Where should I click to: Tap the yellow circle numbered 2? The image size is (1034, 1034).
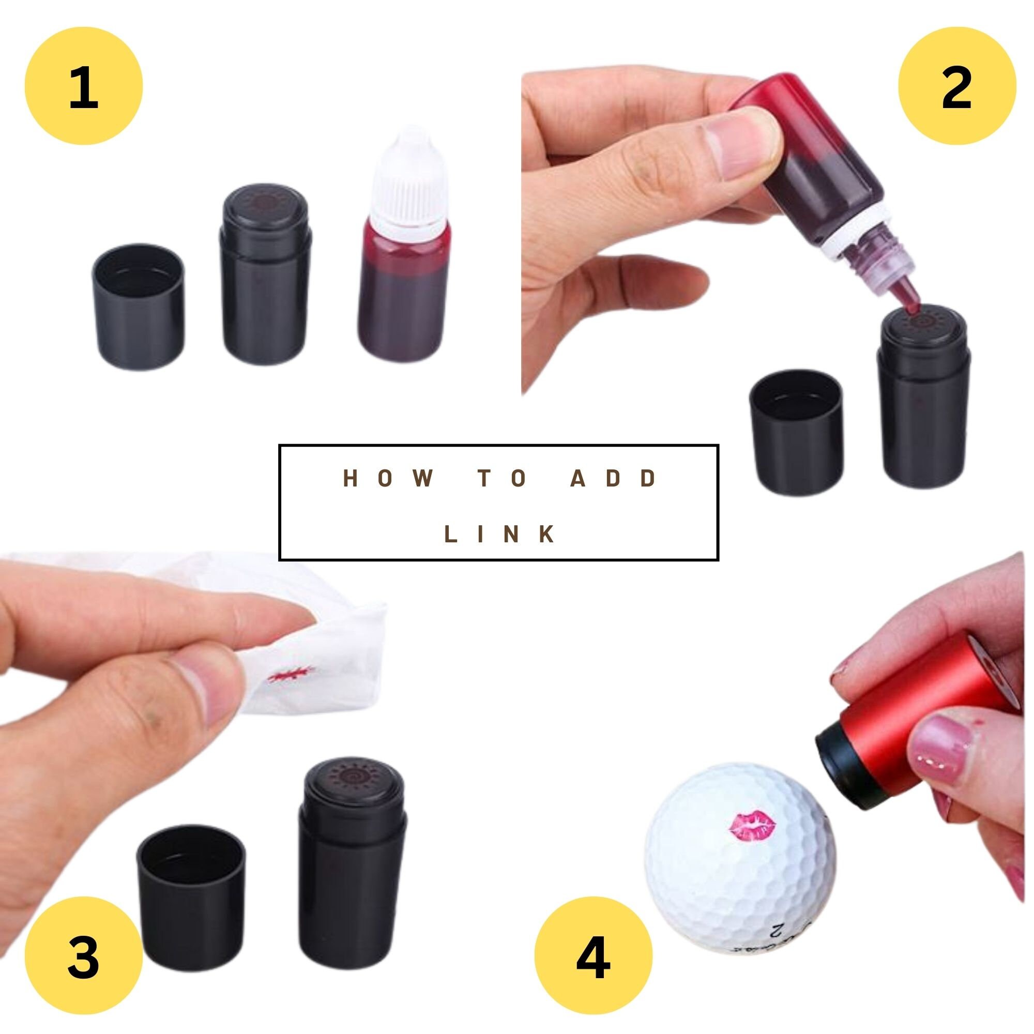click(x=956, y=86)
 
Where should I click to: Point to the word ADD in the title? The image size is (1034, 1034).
click(x=614, y=478)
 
